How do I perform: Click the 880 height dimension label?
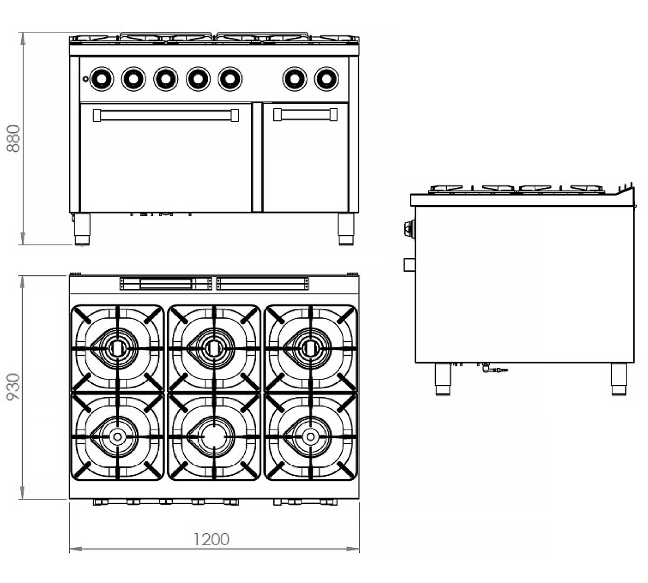tap(13, 139)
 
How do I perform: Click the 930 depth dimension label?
tap(13, 387)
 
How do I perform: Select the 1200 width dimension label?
tap(211, 539)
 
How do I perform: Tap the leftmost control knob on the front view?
tap(102, 79)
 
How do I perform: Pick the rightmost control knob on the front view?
tap(327, 79)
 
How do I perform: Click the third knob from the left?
tap(166, 79)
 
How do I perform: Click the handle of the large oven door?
tap(166, 116)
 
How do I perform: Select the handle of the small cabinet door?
tap(305, 114)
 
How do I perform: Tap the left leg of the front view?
tap(82, 229)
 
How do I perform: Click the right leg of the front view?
tap(346, 229)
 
